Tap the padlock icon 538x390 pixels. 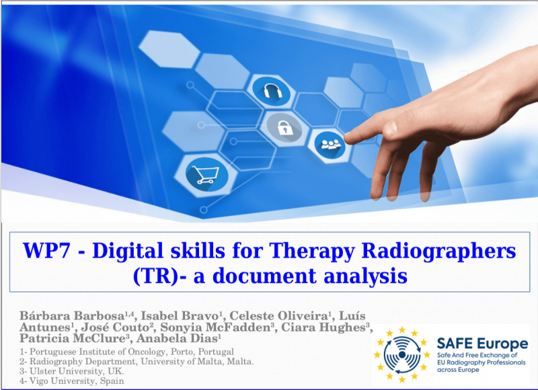[x=284, y=128]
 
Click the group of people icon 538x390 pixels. [x=330, y=145]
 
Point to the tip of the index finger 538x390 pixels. [x=345, y=138]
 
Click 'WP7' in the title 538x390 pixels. [x=46, y=250]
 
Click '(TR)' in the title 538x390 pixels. [x=155, y=276]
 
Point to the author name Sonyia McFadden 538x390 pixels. [x=215, y=327]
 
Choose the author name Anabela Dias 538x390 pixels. [x=178, y=338]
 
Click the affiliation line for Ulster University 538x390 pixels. [x=72, y=371]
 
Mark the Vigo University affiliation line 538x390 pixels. [x=72, y=381]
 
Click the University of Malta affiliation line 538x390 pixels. [x=137, y=362]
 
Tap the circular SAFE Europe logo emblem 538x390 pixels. [x=401, y=354]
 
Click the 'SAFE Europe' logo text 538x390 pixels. [x=482, y=344]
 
